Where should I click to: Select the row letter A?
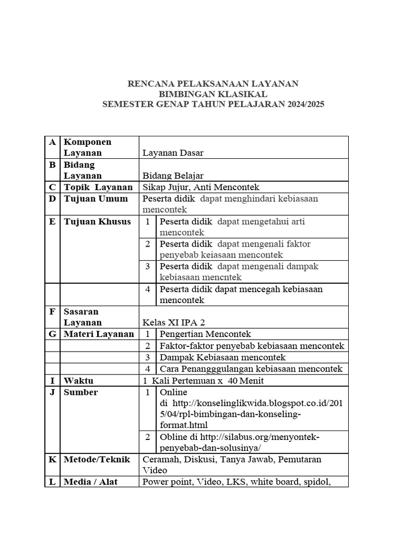[52, 142]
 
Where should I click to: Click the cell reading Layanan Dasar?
[173, 153]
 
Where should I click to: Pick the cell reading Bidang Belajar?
[173, 176]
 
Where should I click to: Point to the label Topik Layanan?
[98, 187]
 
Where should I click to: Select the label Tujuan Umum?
[96, 199]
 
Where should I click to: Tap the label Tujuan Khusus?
[97, 222]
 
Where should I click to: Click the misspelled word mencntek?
[222, 277]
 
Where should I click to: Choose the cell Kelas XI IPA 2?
[177, 322]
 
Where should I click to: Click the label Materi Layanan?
[99, 334]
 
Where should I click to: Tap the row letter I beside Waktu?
[52, 380]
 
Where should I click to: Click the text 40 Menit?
[246, 380]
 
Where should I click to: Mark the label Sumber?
[80, 392]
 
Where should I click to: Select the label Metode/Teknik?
[97, 459]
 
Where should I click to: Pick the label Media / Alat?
[90, 482]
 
